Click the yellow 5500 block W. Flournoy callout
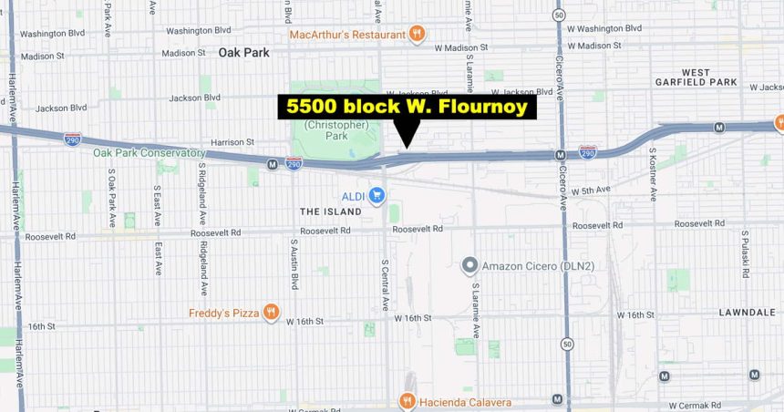[x=407, y=107]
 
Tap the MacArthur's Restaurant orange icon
[x=417, y=35]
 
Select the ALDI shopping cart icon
[x=376, y=195]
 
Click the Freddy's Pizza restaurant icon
[x=272, y=314]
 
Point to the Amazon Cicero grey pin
[x=469, y=266]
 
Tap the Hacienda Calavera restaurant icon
[x=407, y=401]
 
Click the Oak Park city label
[x=243, y=53]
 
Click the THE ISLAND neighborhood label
[x=330, y=211]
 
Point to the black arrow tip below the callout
[x=407, y=145]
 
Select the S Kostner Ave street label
[x=653, y=172]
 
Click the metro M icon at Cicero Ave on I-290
[x=561, y=155]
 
